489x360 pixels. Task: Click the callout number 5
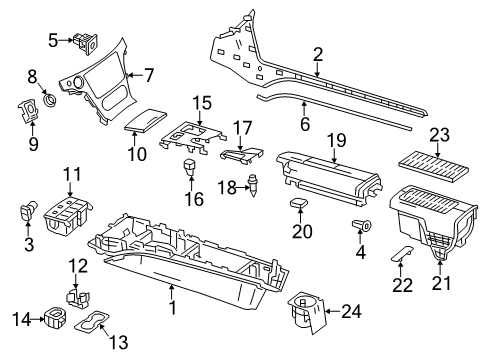[53, 41]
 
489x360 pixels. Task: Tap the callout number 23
[439, 135]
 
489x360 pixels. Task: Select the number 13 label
[119, 342]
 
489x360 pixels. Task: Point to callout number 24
[351, 312]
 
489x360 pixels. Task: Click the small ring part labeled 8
[51, 99]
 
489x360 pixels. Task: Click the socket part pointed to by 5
[86, 43]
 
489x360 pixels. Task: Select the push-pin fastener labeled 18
[254, 185]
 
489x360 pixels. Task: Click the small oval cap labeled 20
[299, 202]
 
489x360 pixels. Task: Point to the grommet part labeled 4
[362, 226]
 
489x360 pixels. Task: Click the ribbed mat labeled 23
[434, 166]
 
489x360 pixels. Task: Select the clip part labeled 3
[28, 212]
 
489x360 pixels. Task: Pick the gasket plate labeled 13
[92, 322]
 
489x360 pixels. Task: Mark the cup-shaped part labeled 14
[55, 317]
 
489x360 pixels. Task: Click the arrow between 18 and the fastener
[242, 188]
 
